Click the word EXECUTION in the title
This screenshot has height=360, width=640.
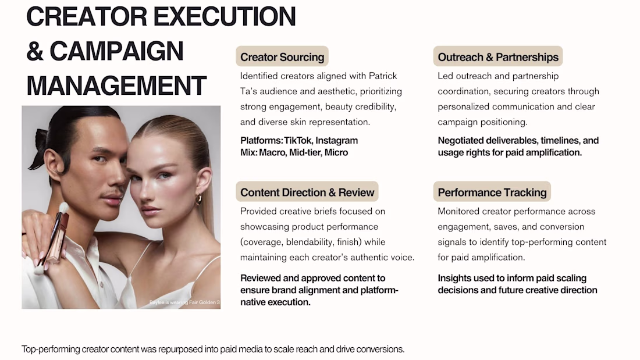pos(225,16)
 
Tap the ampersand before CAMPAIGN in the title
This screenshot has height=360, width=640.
pos(35,51)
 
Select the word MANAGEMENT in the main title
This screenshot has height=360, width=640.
pos(116,85)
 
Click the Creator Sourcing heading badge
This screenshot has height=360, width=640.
pos(282,57)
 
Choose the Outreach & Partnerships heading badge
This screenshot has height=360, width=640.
pos(498,57)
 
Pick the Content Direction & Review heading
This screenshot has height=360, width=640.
pos(307,193)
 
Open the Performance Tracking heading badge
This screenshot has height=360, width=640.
pos(492,193)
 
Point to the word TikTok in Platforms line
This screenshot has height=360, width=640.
pos(297,140)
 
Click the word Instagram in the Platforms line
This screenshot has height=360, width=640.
pos(337,141)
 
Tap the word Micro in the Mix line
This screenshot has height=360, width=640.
pos(336,152)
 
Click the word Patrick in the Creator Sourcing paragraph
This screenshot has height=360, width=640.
pos(383,76)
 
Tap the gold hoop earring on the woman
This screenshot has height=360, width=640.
pos(199,199)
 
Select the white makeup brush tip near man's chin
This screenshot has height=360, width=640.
pos(63,208)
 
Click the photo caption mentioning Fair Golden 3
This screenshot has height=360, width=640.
pos(184,302)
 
